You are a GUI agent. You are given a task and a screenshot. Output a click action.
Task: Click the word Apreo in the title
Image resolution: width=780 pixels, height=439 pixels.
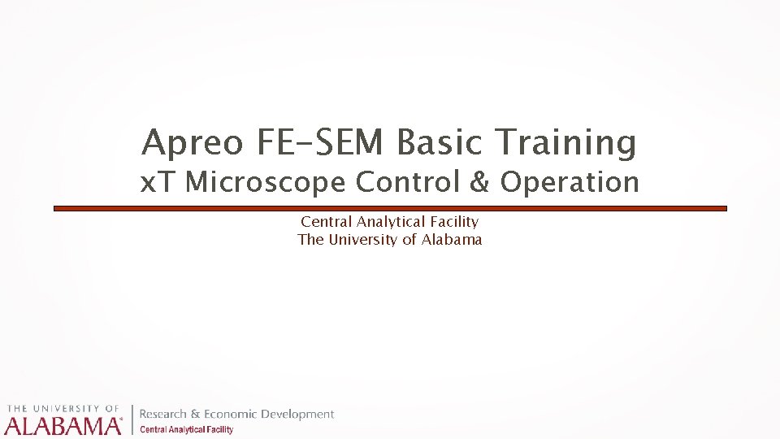(193, 143)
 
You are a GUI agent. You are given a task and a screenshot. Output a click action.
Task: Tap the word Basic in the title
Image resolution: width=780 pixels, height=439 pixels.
(442, 143)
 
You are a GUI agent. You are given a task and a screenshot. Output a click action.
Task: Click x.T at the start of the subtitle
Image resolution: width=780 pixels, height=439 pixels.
(159, 182)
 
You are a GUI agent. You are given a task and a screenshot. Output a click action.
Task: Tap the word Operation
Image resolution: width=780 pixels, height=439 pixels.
(570, 183)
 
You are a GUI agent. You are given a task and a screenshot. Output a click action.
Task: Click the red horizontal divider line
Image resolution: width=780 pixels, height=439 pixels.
(390, 209)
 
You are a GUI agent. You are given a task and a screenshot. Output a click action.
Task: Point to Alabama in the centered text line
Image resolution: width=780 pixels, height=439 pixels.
(452, 239)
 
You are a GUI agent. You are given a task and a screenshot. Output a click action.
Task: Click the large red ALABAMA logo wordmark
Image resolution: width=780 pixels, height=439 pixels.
(63, 425)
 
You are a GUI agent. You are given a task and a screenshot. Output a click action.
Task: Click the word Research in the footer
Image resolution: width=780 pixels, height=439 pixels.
(163, 415)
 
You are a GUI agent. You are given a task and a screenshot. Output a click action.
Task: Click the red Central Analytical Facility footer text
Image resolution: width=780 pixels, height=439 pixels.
(187, 429)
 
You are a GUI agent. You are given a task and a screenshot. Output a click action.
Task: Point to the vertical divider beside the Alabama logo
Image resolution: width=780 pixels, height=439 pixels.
(132, 419)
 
